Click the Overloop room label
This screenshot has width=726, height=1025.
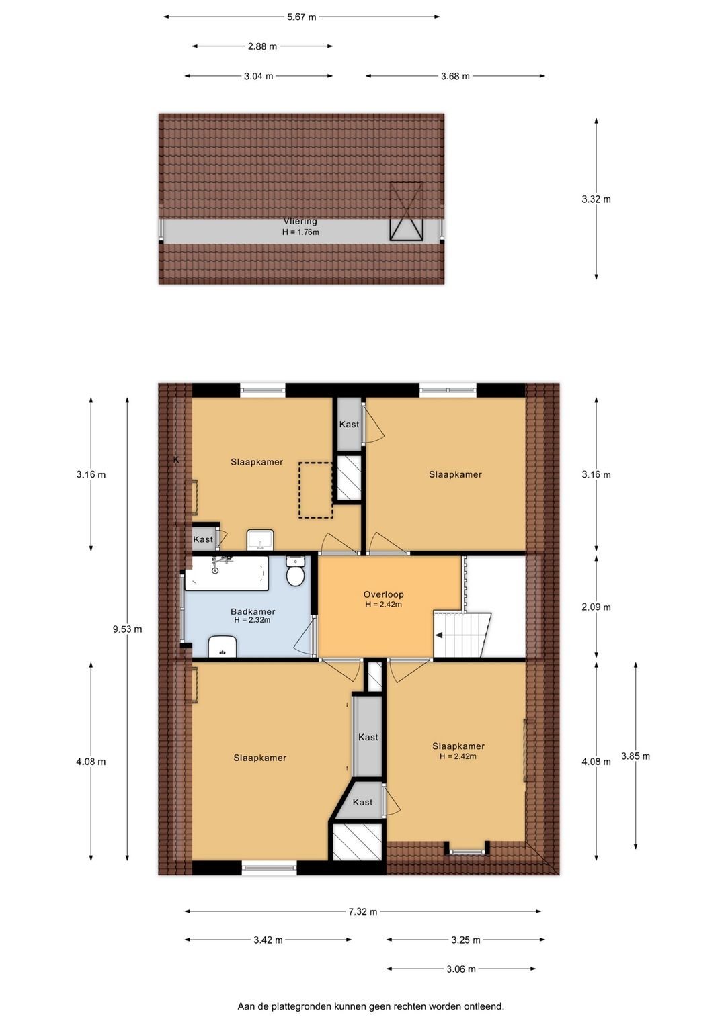click(383, 594)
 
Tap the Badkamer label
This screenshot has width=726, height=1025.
click(252, 611)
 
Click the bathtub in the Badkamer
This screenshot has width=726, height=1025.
click(227, 573)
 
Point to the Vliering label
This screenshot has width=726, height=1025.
click(300, 221)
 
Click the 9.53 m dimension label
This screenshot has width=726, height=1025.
click(127, 629)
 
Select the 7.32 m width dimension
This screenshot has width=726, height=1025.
click(362, 911)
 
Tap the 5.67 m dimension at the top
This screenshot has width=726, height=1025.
click(301, 17)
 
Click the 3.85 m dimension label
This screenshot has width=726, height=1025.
click(635, 756)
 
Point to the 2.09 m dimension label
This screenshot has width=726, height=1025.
click(596, 607)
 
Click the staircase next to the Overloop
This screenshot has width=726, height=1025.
click(462, 635)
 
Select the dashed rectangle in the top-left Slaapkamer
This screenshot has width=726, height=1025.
click(316, 490)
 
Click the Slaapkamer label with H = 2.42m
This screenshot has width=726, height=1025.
click(458, 746)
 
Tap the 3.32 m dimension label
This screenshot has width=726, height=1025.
click(596, 199)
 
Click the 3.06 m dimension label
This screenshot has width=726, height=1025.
click(461, 969)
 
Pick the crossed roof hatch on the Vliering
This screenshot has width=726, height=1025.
click(407, 211)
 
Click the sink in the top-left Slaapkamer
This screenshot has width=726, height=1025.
click(260, 539)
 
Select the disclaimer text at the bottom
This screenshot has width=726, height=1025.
click(370, 1006)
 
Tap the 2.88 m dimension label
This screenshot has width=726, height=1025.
click(262, 46)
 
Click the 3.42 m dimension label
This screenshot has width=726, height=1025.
click(268, 940)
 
